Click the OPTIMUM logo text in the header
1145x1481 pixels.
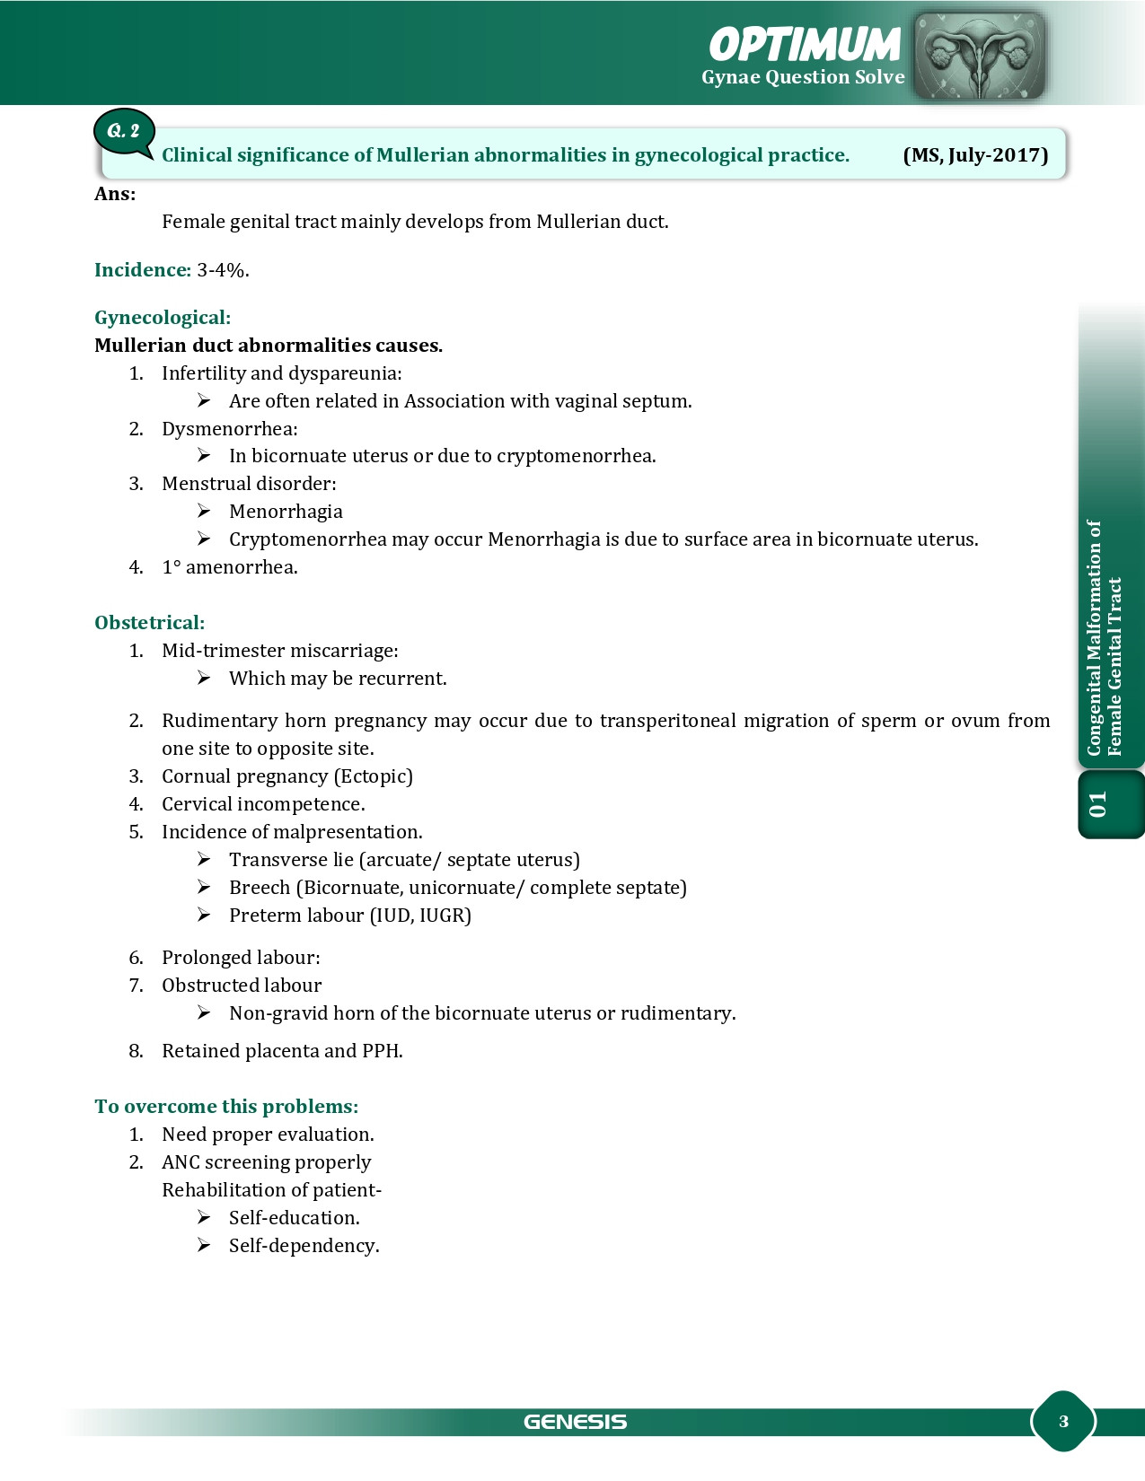pos(804,45)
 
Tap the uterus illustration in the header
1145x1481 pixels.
pos(979,57)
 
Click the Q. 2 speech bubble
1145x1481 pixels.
pos(124,132)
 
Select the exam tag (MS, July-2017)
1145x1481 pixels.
pos(975,155)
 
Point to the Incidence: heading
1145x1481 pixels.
pos(142,270)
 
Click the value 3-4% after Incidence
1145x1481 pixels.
pos(223,270)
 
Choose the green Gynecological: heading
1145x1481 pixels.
pos(163,318)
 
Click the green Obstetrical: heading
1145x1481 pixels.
pos(149,623)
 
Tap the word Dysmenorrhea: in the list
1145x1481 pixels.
pos(229,429)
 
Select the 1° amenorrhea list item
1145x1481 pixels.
pos(229,567)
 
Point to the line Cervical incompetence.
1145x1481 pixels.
pos(263,804)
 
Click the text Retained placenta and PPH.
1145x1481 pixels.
pos(282,1051)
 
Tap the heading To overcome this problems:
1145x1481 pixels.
pos(226,1107)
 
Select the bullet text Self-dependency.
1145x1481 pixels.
pos(304,1246)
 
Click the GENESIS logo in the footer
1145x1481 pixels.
pos(575,1422)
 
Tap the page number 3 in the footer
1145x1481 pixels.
pos(1063,1422)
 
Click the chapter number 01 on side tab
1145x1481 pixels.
pos(1097,804)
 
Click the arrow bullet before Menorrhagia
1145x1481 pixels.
pos(204,512)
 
